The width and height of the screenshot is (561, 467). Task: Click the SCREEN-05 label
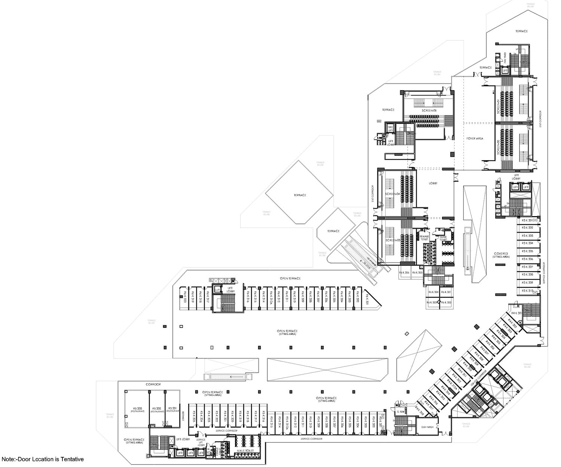pos(429,111)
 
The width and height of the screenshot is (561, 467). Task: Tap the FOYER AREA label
pos(475,138)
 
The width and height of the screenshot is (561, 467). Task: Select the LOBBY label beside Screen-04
pos(433,183)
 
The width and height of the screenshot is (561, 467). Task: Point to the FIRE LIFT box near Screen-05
pos(390,128)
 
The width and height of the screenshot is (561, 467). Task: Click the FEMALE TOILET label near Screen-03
pos(424,238)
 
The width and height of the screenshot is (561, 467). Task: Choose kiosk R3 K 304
pos(527,243)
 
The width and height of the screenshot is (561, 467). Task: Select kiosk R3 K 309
pos(527,283)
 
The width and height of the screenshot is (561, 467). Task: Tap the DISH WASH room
pos(427,427)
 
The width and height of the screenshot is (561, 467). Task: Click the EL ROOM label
pos(400,412)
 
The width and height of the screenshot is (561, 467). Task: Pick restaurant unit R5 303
pos(137,409)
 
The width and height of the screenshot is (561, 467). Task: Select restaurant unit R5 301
pos(172,409)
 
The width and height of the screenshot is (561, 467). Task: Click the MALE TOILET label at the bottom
pos(245,451)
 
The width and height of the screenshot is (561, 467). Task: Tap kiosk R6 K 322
pos(446,302)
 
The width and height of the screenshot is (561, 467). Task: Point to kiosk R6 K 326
pos(404,273)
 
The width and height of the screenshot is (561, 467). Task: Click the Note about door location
pos(43,459)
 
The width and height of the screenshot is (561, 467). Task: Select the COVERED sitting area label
pos(501,255)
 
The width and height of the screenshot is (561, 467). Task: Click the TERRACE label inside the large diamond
pos(300,195)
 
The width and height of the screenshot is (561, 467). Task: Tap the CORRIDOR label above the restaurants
pos(153,384)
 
